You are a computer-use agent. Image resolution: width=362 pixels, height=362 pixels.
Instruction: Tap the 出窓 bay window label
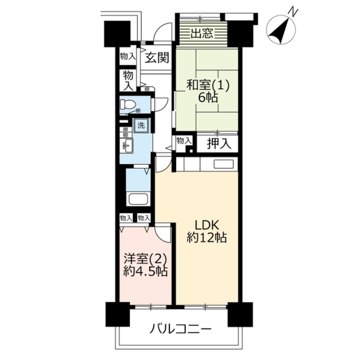[201, 34]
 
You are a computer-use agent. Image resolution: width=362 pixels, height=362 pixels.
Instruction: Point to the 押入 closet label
[218, 144]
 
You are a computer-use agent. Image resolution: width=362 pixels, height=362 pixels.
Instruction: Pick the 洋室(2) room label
[145, 260]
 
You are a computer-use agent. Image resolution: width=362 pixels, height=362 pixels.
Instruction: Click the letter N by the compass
[294, 13]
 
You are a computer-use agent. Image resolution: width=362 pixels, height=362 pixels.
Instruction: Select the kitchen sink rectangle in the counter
[223, 164]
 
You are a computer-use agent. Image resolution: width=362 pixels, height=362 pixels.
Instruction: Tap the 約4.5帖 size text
[145, 271]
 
